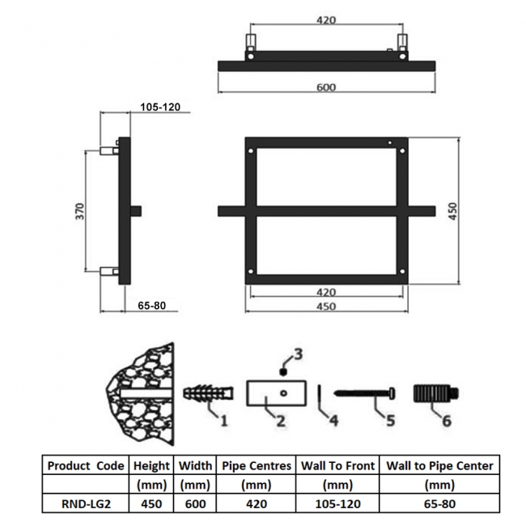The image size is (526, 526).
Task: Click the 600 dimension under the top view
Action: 326,87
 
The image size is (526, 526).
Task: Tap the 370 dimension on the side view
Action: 80,211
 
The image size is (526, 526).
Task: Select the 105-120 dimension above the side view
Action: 160,107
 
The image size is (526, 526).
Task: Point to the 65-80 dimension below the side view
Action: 151,306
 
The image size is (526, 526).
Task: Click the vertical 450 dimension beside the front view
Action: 453,211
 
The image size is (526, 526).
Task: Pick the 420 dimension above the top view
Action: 326,20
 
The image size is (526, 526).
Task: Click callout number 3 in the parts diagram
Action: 299,354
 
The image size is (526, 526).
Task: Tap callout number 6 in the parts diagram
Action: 447,421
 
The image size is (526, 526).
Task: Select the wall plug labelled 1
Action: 208,393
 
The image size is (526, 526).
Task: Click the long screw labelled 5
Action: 364,392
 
